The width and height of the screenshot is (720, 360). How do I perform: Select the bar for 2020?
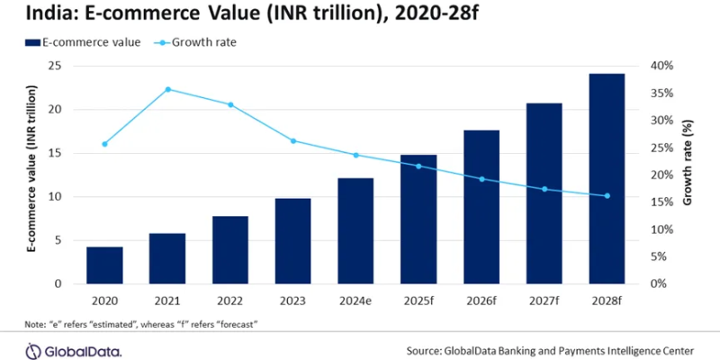104,265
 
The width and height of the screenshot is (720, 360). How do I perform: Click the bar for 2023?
292,240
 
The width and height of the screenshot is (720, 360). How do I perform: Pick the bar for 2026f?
481,207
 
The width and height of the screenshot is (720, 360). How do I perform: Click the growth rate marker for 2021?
167,89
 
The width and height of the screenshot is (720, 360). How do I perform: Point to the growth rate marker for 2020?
104,144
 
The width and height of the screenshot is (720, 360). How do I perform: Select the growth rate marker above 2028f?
607,196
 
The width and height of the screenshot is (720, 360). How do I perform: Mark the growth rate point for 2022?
230,104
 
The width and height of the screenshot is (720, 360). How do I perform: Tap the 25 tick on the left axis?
54,66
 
